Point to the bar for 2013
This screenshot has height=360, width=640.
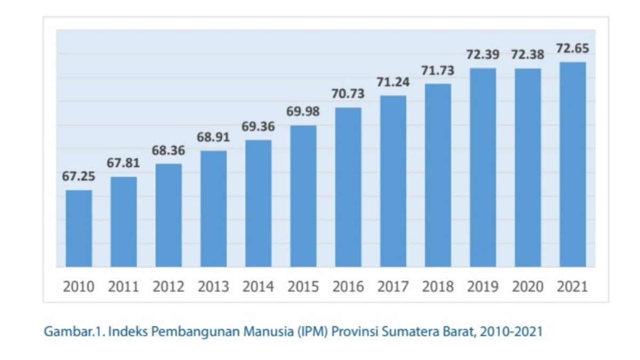[213, 209]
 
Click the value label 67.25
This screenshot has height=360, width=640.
[78, 177]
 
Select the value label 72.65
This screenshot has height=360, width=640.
[572, 49]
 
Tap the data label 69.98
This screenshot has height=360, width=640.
[303, 112]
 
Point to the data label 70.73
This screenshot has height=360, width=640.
[348, 94]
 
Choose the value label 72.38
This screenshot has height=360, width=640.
[527, 55]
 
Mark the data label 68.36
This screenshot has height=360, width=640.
[168, 151]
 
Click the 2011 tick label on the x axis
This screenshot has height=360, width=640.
[123, 287]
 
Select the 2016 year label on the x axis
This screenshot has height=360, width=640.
[348, 287]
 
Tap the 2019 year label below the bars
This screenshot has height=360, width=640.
[483, 287]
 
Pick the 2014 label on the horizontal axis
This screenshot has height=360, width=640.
[258, 287]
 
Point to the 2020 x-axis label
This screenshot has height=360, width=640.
[527, 287]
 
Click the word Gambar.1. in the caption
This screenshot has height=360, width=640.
[68, 332]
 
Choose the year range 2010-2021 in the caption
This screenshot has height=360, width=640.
[511, 332]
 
